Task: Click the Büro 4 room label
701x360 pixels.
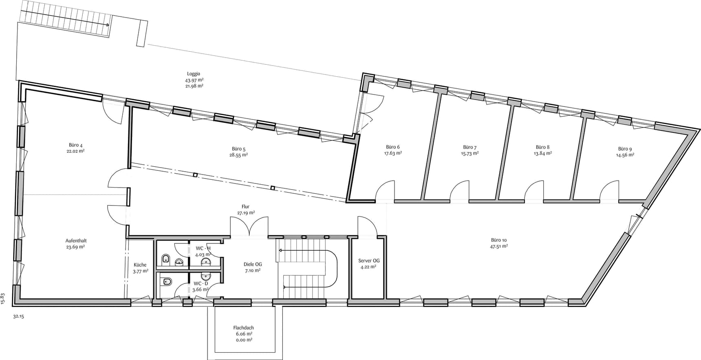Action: (x=76, y=145)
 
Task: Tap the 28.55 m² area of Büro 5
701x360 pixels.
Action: (x=238, y=155)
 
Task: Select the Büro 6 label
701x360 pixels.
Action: (x=393, y=147)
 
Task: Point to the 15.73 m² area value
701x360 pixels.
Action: (x=470, y=153)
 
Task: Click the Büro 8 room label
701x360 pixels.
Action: (x=542, y=147)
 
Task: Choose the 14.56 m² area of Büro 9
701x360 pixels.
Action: (x=625, y=155)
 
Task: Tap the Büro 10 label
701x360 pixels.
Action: (x=499, y=240)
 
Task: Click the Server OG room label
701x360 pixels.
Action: (x=369, y=261)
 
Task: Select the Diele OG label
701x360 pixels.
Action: (x=253, y=264)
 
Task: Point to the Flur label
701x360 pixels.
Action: (x=245, y=207)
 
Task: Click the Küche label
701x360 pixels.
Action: (x=140, y=265)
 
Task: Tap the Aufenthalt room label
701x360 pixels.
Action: (x=76, y=241)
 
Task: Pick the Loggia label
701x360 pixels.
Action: (x=194, y=74)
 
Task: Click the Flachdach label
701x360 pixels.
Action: (x=244, y=328)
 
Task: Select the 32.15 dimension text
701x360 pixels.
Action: (x=19, y=316)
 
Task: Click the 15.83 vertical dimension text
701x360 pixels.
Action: (x=3, y=299)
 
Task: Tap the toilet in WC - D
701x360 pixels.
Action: (x=166, y=281)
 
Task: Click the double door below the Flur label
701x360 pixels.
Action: (x=249, y=227)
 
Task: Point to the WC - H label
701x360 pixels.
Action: (x=203, y=248)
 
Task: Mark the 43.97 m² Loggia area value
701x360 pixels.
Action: (x=194, y=80)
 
